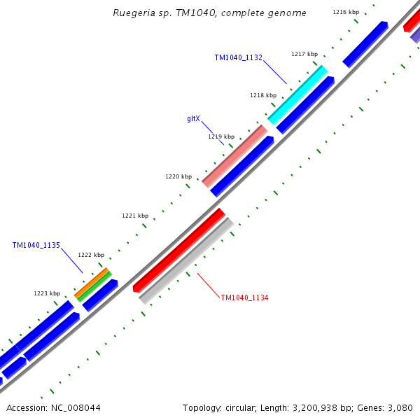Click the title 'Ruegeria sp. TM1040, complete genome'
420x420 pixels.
coord(209,13)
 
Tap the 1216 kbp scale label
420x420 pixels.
coord(345,12)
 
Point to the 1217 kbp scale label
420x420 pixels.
coord(304,54)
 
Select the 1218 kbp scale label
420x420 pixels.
coord(263,95)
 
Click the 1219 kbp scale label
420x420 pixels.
coord(221,136)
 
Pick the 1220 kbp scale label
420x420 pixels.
coord(178,176)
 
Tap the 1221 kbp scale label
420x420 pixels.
coord(135,216)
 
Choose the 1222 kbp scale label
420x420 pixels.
coord(91,255)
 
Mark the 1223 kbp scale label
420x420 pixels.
coord(47,293)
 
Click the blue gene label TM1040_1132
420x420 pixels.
coord(239,57)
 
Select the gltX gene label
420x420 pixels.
coord(194,118)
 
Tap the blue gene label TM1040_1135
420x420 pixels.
coord(36,246)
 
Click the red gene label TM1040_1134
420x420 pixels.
coord(245,298)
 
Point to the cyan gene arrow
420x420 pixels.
coord(298,95)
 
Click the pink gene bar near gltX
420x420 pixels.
coord(234,156)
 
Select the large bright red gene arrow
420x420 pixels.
coord(179,250)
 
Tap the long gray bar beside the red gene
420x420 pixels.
coord(186,261)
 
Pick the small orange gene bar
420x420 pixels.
coord(92,281)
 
